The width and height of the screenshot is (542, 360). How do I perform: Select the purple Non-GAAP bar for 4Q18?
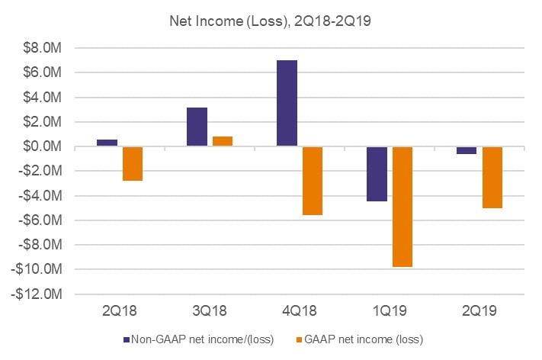[x=287, y=103]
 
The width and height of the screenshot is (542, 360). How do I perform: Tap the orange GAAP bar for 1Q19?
[x=402, y=206]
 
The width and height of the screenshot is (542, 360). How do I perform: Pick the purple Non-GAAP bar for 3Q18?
[x=197, y=127]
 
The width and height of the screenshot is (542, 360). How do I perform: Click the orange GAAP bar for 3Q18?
[x=223, y=141]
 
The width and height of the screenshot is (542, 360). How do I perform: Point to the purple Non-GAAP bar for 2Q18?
[x=107, y=143]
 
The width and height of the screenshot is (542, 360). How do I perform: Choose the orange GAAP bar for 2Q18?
[x=133, y=163]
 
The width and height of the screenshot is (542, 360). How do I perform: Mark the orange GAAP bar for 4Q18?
[x=313, y=181]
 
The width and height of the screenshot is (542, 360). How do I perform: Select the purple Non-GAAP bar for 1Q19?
[x=376, y=174]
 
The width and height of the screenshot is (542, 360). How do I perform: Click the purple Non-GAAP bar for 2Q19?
[x=466, y=150]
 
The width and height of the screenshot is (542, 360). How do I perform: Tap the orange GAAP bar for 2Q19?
[x=492, y=177]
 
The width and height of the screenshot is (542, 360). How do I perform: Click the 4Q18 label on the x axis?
[x=300, y=311]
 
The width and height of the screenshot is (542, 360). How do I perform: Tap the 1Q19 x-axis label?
[x=390, y=311]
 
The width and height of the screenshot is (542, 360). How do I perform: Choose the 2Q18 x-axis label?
[x=120, y=311]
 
